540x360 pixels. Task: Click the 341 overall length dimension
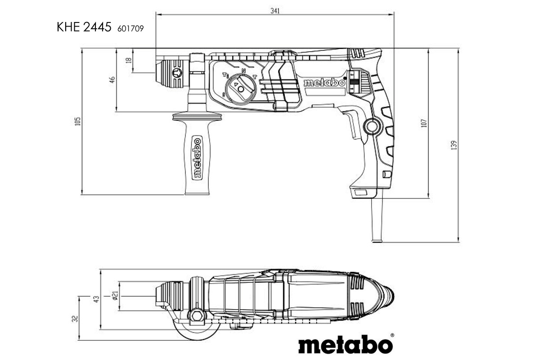tap(275, 11)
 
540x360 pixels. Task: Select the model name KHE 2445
tap(84, 27)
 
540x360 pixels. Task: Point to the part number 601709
tap(130, 28)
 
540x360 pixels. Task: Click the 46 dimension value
tap(112, 80)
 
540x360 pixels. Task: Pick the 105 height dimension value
tap(78, 121)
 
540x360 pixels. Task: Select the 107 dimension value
tap(424, 122)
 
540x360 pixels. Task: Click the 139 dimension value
tap(454, 145)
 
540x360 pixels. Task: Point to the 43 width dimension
tap(96, 299)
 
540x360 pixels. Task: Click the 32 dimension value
tap(75, 318)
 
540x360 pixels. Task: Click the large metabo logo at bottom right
tap(346, 345)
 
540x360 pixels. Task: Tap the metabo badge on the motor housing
tap(324, 83)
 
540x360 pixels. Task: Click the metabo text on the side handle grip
tap(197, 157)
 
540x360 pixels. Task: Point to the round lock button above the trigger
tap(371, 126)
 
